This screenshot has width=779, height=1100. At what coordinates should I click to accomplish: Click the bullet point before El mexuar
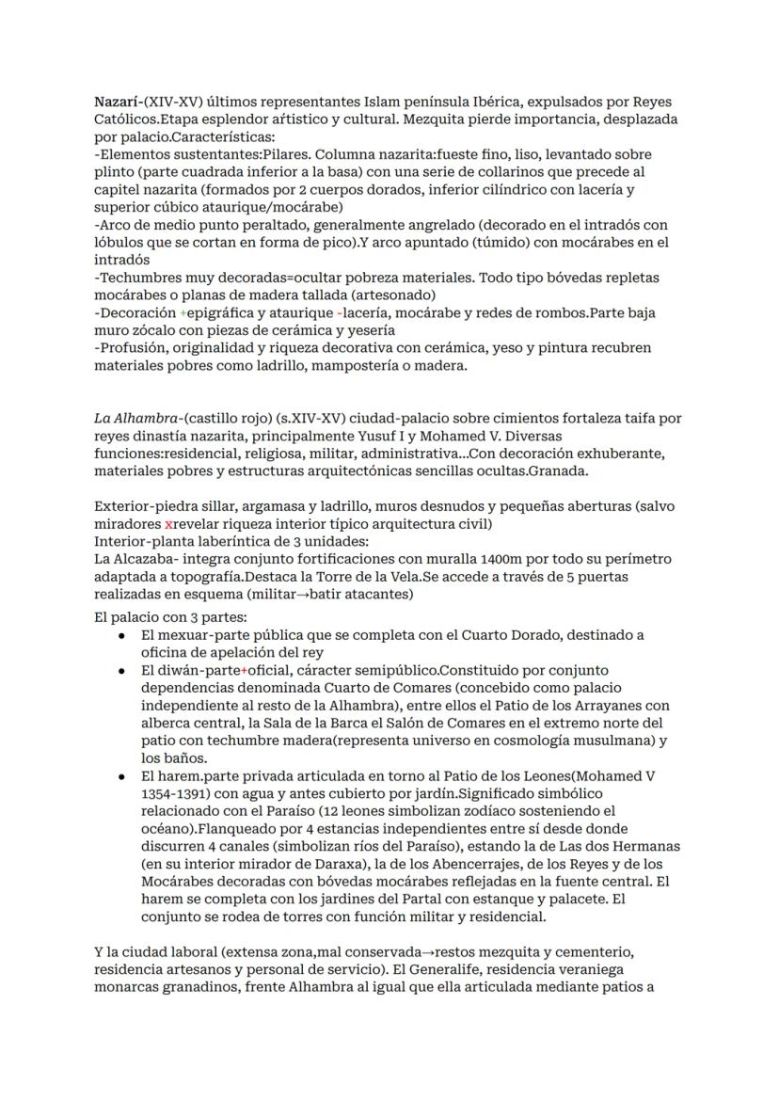pyautogui.click(x=123, y=636)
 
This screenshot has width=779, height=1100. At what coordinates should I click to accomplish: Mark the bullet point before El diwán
pyautogui.click(x=123, y=672)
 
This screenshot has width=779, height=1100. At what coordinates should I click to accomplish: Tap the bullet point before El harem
pyautogui.click(x=123, y=777)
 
